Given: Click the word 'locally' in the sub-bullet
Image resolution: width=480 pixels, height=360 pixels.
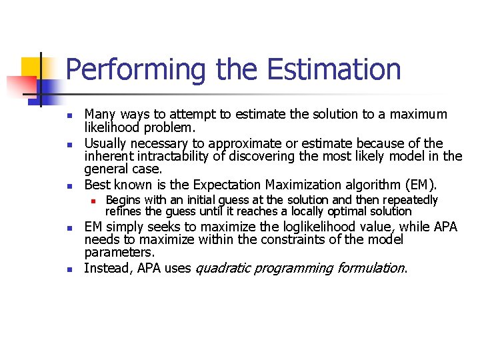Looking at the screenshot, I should [309, 211].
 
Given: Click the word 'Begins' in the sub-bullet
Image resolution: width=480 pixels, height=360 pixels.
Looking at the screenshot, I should [122, 200].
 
